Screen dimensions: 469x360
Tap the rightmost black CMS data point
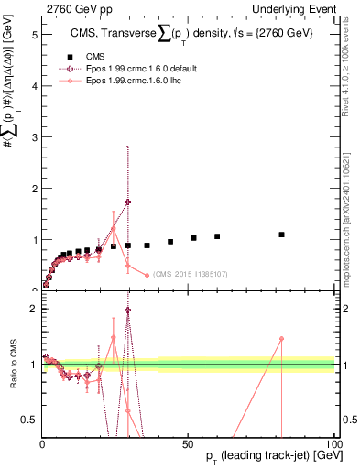[x=282, y=234]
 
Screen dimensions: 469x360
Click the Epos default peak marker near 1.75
[x=127, y=202]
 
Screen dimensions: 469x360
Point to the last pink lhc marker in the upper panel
[x=147, y=275]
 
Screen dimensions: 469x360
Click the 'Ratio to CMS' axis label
[x=12, y=364]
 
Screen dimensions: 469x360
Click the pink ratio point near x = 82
[x=282, y=338]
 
